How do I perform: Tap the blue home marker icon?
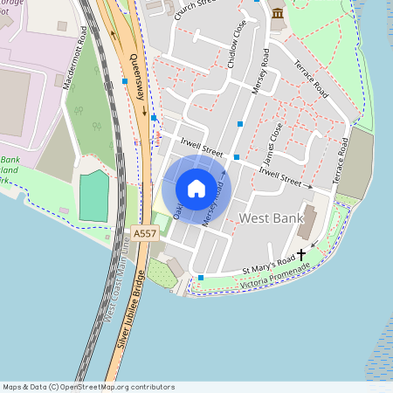(196, 188)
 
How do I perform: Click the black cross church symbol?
(302, 254)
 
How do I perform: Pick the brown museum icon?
(278, 14)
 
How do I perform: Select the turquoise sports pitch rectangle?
(93, 196)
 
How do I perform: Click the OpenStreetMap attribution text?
(88, 387)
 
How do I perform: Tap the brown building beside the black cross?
(307, 224)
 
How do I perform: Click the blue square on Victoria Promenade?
(201, 278)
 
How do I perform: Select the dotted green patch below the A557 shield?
(161, 273)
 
